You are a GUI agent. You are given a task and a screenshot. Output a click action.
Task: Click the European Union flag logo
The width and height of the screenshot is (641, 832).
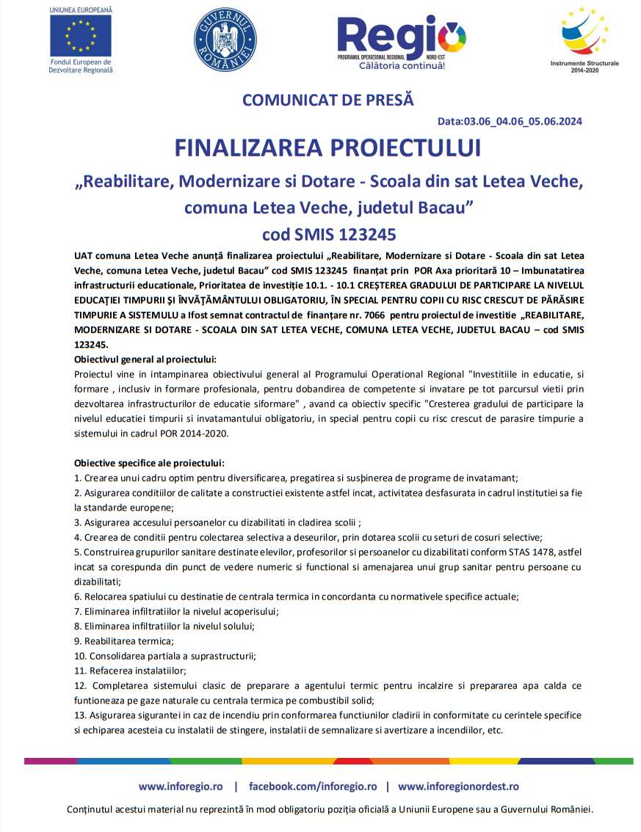(81, 35)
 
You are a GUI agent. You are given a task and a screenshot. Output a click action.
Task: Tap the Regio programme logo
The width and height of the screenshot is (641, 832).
(401, 37)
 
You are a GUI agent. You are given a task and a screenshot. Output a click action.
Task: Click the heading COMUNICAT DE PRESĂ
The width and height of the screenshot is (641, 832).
(327, 99)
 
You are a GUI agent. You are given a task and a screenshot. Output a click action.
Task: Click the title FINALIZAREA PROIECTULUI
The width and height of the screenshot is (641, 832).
(327, 147)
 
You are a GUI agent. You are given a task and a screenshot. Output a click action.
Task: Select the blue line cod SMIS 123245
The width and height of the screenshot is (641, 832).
(329, 234)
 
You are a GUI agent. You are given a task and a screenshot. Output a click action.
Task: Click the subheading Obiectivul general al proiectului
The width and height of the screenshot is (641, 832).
(145, 359)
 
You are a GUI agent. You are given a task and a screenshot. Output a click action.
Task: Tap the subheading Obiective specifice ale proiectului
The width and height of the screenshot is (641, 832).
(149, 463)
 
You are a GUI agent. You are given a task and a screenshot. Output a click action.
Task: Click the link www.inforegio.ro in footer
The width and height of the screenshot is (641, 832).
(181, 786)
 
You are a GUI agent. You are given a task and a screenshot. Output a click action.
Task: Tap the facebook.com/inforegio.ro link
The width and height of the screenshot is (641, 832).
(313, 786)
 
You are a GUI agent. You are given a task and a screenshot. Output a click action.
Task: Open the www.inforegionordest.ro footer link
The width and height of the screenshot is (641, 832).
(458, 786)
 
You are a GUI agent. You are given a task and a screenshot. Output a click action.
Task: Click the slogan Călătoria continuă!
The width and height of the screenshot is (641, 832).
(402, 65)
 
